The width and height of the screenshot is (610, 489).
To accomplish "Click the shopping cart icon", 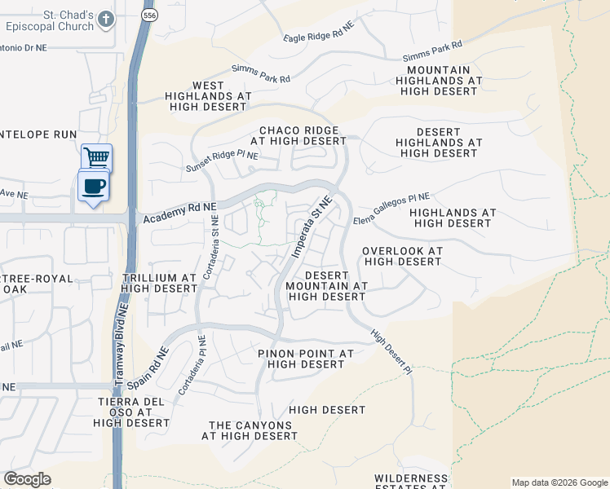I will tap(96, 156).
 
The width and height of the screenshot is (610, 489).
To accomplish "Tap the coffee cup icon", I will tap(93, 186).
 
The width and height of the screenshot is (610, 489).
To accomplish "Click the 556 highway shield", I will tap(148, 15).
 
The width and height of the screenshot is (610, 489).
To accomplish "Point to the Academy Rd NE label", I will tap(179, 214).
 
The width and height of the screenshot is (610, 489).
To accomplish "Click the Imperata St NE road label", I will tap(312, 227).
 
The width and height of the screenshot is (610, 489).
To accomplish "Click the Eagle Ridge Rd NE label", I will tap(320, 33).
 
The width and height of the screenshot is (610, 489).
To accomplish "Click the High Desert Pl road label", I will tap(392, 352).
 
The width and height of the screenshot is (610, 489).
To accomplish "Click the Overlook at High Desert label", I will tap(402, 257).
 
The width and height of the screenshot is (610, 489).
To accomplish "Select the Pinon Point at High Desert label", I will tap(305, 359).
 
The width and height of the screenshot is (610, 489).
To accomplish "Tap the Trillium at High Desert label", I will tap(159, 283).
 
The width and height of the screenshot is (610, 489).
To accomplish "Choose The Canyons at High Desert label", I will tap(250, 430).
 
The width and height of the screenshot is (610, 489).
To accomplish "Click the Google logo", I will tap(27, 479).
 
